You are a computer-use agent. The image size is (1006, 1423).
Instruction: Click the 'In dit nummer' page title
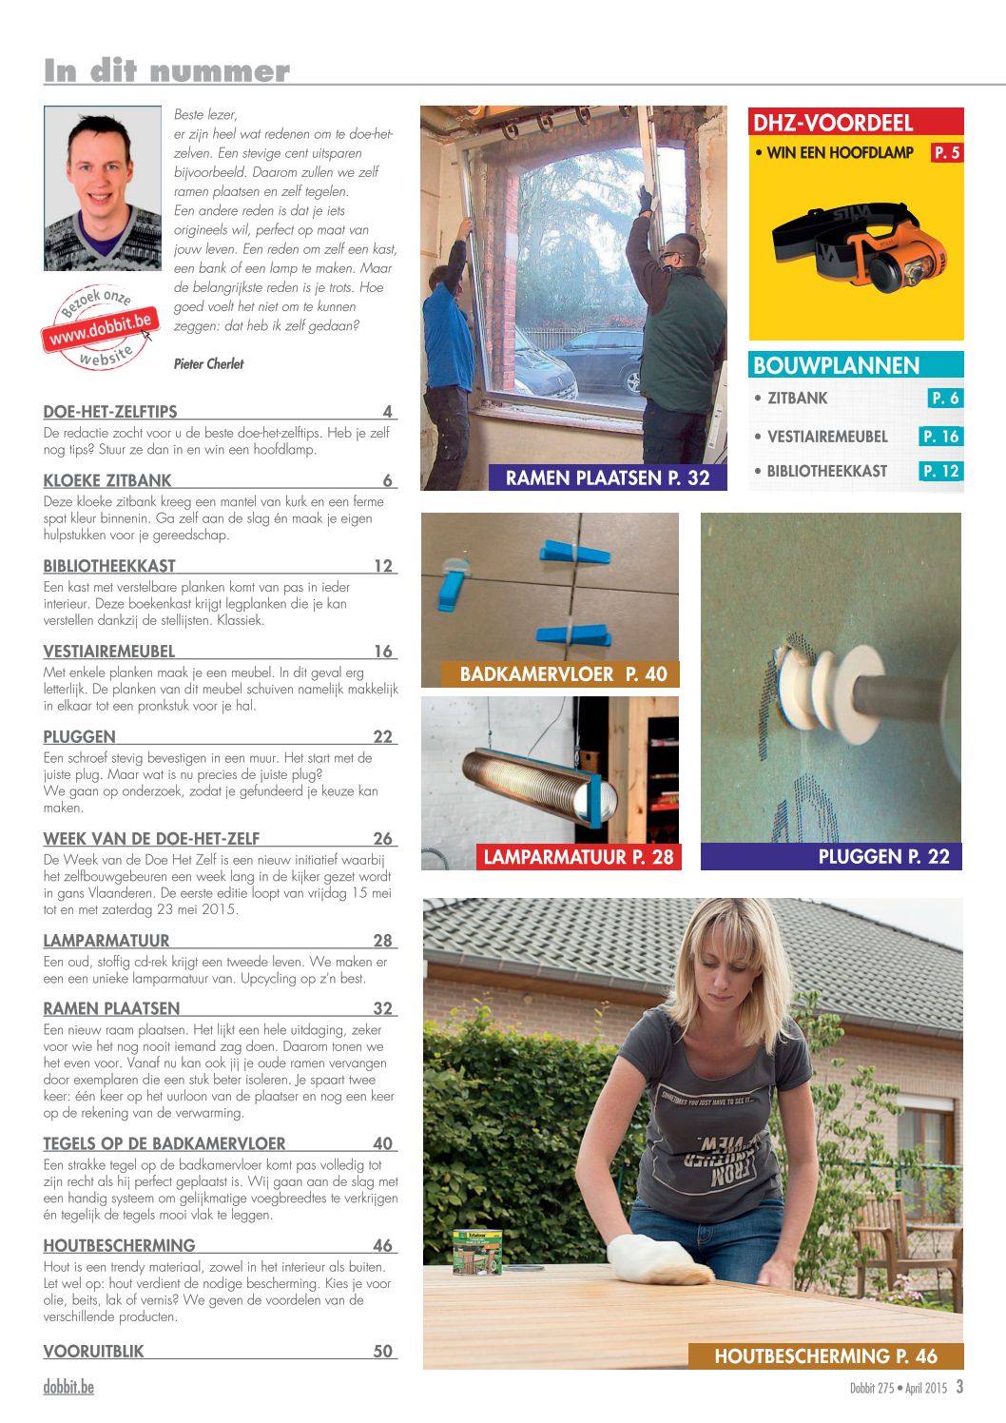[x=166, y=70]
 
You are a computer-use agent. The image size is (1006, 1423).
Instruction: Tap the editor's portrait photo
[x=103, y=187]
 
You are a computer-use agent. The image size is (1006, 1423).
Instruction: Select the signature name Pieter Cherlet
[x=208, y=363]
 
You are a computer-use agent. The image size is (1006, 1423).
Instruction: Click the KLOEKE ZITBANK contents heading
[x=107, y=480]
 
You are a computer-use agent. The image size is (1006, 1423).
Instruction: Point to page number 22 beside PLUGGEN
[x=383, y=736]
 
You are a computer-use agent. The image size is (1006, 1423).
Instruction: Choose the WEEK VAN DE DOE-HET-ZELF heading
[x=151, y=838]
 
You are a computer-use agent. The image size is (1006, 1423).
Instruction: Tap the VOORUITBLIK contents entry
[x=93, y=1351]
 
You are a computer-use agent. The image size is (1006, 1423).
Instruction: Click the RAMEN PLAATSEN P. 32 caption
[x=608, y=478]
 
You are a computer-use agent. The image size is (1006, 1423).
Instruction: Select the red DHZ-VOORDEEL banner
[x=856, y=122]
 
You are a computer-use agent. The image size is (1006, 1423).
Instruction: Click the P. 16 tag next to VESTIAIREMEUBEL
[x=940, y=436]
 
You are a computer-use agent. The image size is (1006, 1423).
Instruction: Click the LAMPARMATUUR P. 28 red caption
[x=578, y=857]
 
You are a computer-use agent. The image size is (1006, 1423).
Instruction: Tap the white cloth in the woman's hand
[x=657, y=1259]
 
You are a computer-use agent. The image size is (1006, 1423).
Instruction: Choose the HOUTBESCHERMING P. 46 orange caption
[x=825, y=1355]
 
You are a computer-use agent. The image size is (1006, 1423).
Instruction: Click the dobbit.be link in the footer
[x=68, y=1387]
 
